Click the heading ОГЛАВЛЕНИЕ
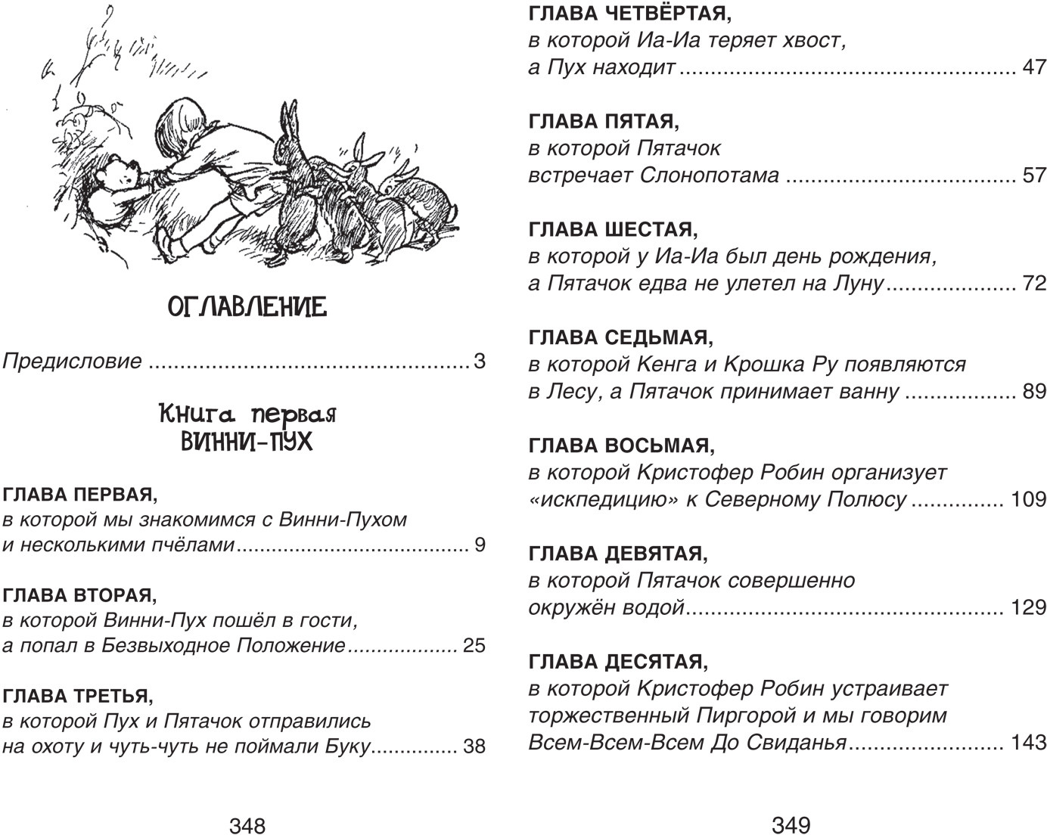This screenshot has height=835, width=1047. pyautogui.click(x=247, y=307)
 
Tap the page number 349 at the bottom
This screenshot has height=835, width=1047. pyautogui.click(x=791, y=824)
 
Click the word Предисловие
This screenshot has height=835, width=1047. pyautogui.click(x=73, y=361)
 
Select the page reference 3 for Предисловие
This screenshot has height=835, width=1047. pyautogui.click(x=479, y=361)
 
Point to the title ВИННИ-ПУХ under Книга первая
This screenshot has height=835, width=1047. pyautogui.click(x=247, y=440)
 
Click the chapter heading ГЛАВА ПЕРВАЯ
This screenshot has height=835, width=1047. pyautogui.click(x=81, y=495)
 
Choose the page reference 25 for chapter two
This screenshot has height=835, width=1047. pyautogui.click(x=473, y=646)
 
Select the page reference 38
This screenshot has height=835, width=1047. pyautogui.click(x=474, y=747)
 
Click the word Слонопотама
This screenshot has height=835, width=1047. pyautogui.click(x=710, y=175)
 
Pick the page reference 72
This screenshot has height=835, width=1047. pyautogui.click(x=1033, y=284)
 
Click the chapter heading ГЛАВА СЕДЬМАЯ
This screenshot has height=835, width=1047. pyautogui.click(x=617, y=337)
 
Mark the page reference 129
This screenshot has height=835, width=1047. pyautogui.click(x=1028, y=607)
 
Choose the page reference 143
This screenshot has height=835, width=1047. pyautogui.click(x=1028, y=743)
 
